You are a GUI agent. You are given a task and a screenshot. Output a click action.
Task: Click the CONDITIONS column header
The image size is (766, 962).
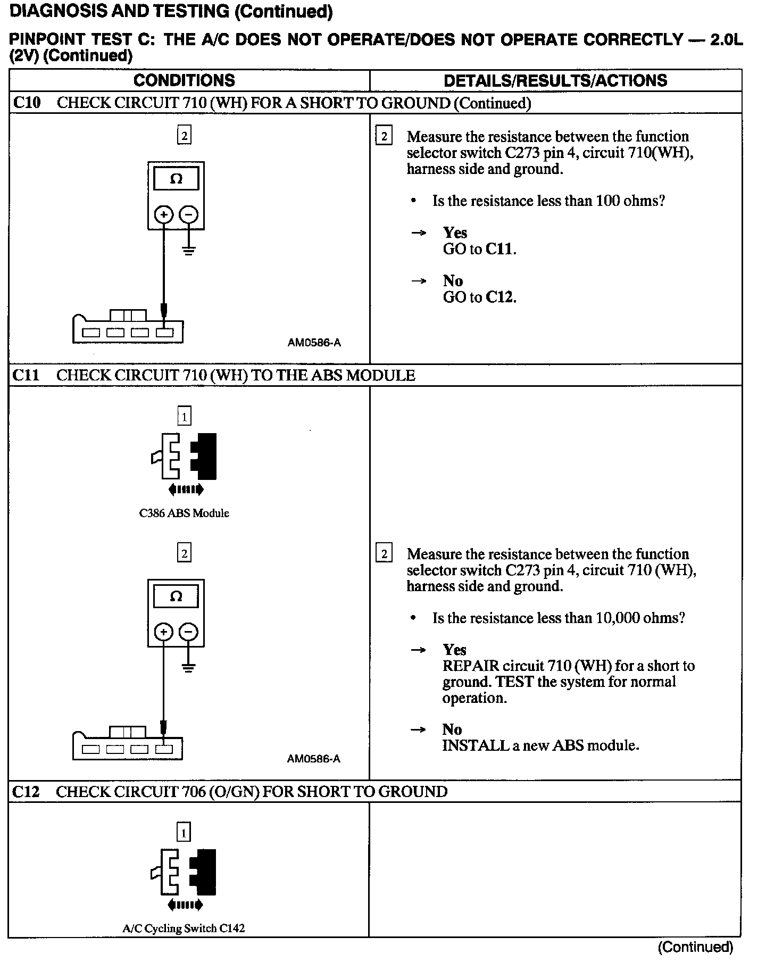184,80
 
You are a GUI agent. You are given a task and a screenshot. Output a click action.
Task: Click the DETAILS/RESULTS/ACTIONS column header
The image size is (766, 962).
555,80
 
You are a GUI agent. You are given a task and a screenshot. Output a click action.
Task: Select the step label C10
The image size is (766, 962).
27,103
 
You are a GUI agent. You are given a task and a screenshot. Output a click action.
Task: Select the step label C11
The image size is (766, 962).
26,375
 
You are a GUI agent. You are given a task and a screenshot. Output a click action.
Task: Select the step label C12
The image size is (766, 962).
26,792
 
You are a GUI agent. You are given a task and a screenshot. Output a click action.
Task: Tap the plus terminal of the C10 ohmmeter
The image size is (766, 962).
164,215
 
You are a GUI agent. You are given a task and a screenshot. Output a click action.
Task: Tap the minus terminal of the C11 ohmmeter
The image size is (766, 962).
188,632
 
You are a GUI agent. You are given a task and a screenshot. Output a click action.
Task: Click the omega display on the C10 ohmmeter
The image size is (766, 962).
176,179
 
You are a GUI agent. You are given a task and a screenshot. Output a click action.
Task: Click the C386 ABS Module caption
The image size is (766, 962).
184,513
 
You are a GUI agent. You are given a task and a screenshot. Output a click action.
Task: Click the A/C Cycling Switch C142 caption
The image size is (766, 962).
184,928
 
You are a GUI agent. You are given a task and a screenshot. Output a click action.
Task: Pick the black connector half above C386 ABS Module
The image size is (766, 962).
204,457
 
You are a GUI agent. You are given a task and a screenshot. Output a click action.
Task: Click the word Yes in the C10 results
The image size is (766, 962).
455,233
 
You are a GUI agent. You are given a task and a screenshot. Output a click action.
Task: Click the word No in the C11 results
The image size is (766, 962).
452,729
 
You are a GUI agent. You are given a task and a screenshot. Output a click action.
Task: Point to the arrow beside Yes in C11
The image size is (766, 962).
419,650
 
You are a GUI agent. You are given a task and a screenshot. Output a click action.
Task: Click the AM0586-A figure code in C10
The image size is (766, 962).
314,343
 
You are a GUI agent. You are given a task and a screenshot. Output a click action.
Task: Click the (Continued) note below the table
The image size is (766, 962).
695,947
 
